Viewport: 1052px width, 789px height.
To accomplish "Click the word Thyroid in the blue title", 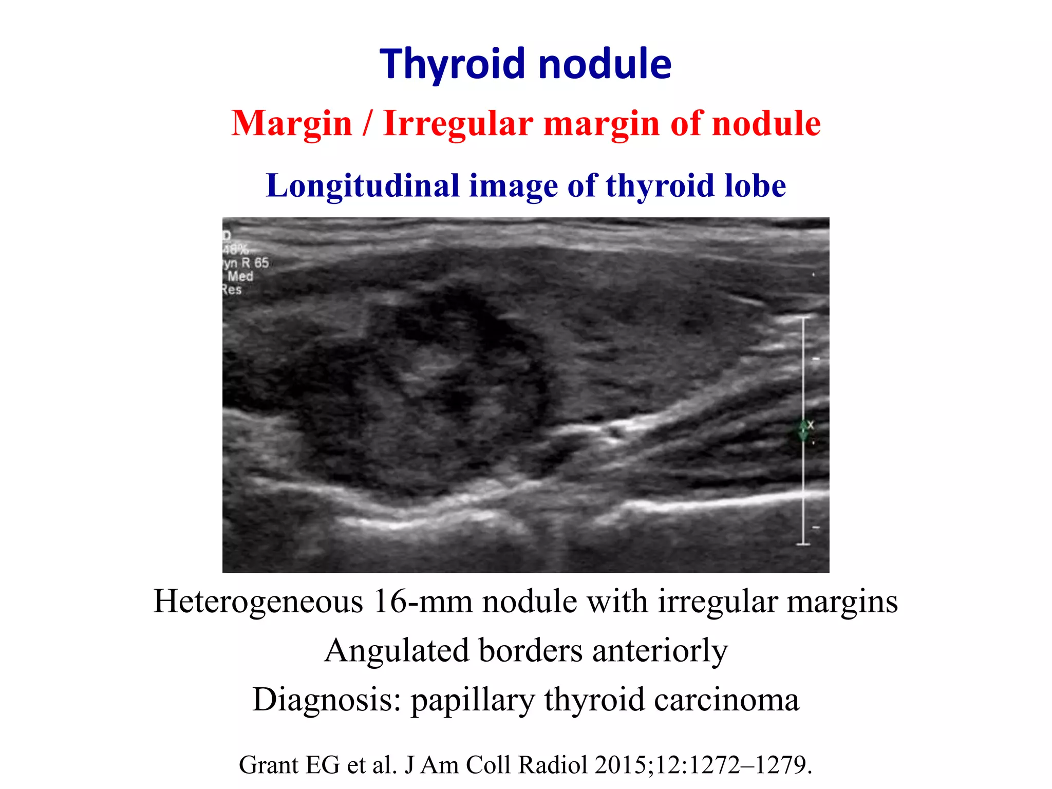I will click(455, 64).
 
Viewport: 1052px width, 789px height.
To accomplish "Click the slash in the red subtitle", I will click(367, 124).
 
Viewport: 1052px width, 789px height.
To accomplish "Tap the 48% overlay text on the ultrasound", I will click(235, 250).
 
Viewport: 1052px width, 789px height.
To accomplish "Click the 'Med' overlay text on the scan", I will click(240, 276).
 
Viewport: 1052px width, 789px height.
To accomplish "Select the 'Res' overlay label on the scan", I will click(232, 290).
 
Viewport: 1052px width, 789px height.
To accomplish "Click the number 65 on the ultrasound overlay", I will click(261, 263).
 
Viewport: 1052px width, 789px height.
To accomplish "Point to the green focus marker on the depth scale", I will click(803, 430).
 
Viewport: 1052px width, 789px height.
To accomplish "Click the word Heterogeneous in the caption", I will click(258, 602).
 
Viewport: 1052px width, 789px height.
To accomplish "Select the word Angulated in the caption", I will click(397, 651).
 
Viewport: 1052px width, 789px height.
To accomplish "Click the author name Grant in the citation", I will click(269, 765).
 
